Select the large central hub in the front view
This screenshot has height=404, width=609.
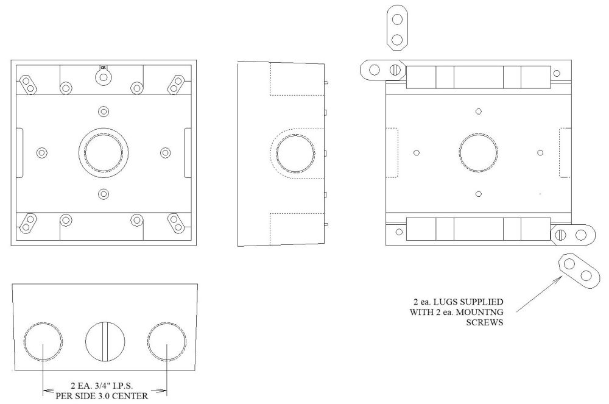(x=103, y=152)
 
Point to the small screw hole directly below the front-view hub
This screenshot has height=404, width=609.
(x=103, y=194)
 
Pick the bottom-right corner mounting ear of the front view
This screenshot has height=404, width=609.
(x=177, y=224)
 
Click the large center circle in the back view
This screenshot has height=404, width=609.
(x=478, y=152)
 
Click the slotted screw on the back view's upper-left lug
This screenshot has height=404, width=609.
(x=396, y=70)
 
